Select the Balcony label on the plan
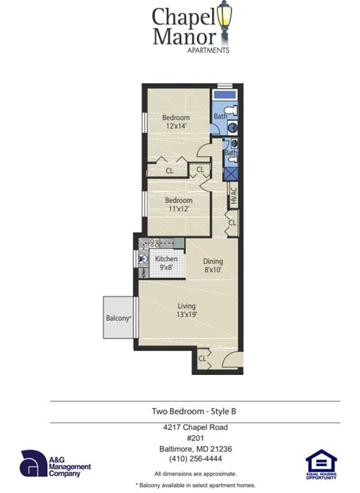pyautogui.click(x=119, y=318)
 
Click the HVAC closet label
pyautogui.click(x=234, y=194)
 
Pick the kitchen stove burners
pyautogui.click(x=154, y=243)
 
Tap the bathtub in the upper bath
pyautogui.click(x=225, y=93)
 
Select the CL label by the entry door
pyautogui.click(x=202, y=358)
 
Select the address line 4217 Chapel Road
pyautogui.click(x=194, y=427)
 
